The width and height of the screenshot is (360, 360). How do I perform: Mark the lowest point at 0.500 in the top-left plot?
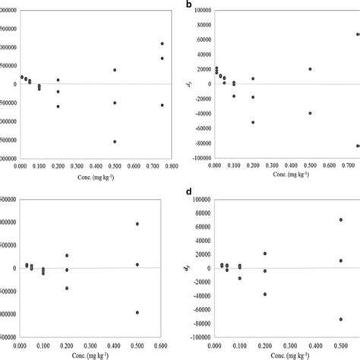115,141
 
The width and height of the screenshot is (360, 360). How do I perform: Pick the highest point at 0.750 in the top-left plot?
163,43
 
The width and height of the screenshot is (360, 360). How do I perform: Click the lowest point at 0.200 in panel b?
253,122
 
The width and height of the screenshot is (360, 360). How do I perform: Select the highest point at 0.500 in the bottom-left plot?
137,224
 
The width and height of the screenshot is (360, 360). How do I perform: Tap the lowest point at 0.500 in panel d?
341,320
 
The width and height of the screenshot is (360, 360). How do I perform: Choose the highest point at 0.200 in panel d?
265,254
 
